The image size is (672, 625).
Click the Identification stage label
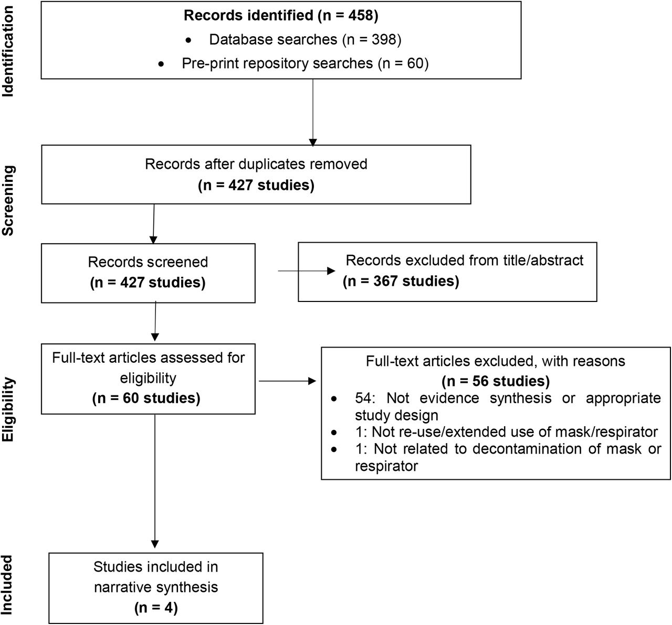tap(7, 52)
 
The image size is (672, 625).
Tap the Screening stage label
tap(7, 200)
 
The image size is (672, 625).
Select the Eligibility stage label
tap(7, 410)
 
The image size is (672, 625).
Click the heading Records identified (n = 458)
tap(281, 16)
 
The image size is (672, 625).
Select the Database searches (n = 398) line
tap(305, 39)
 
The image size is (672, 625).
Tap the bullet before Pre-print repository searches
tap(161, 64)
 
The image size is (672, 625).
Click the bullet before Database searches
tap(188, 40)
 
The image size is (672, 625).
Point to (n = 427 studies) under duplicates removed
tap(256, 185)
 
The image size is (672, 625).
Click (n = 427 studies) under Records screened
tap(148, 283)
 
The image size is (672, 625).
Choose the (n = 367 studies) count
tap(401, 281)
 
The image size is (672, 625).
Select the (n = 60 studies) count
tap(146, 398)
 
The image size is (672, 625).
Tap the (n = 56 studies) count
tap(496, 381)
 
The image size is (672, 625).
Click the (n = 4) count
tap(156, 608)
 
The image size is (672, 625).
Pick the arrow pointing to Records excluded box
tap(307, 271)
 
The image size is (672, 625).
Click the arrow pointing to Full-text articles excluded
tap(287, 381)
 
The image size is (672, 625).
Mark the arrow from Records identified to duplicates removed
tap(313, 113)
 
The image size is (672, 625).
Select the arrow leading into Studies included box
tap(155, 481)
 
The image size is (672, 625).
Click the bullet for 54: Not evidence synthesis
tap(334, 399)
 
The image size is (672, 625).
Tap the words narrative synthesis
tap(156, 587)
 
